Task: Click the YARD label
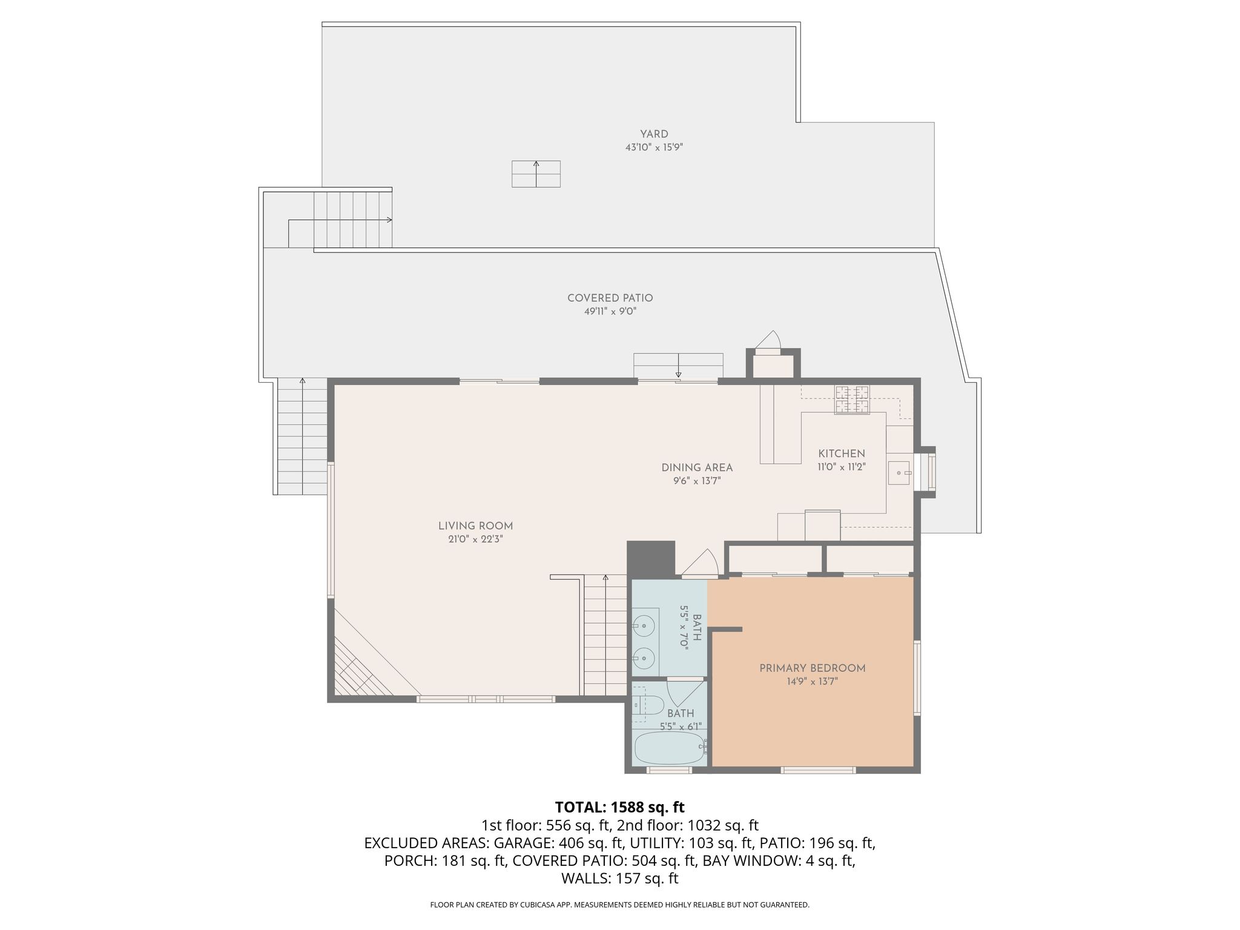(x=654, y=134)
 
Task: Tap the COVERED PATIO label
(x=610, y=298)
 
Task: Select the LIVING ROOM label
(x=475, y=526)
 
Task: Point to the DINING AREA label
(x=697, y=467)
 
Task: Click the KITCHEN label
(x=842, y=453)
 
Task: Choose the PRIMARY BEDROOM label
(x=812, y=668)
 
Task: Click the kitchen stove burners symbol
(x=852, y=400)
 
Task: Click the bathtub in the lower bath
(x=670, y=748)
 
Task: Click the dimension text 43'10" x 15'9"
(x=654, y=147)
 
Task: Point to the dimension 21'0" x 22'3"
(x=475, y=539)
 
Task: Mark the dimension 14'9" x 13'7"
(x=812, y=681)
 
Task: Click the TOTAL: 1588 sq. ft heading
(x=619, y=807)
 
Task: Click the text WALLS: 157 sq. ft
(x=619, y=879)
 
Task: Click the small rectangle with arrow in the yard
(x=536, y=174)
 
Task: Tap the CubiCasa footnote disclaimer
(x=619, y=905)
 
